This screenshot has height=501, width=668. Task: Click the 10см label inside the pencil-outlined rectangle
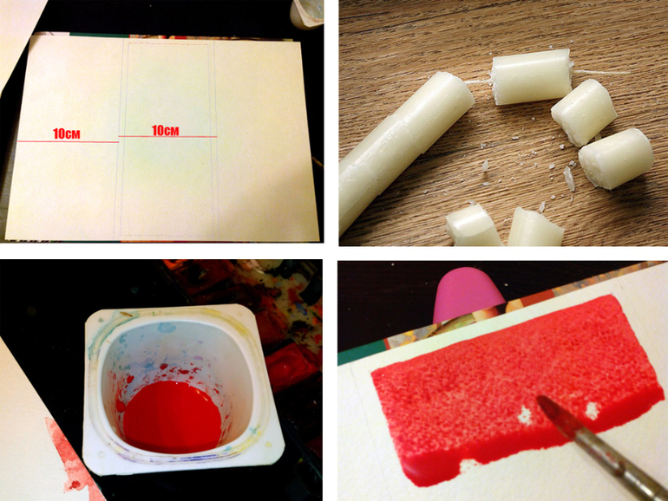[166, 131]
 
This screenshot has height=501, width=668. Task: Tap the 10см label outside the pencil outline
[67, 133]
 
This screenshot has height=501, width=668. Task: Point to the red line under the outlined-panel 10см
[167, 137]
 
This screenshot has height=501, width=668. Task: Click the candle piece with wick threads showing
[531, 76]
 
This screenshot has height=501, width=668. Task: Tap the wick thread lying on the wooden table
[600, 72]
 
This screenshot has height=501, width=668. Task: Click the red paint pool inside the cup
[172, 417]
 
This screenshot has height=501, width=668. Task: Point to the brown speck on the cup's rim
[126, 315]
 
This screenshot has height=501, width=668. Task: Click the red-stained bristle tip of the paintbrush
[548, 407]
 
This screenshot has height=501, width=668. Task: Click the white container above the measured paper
[306, 14]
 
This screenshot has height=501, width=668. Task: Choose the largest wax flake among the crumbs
[569, 178]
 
